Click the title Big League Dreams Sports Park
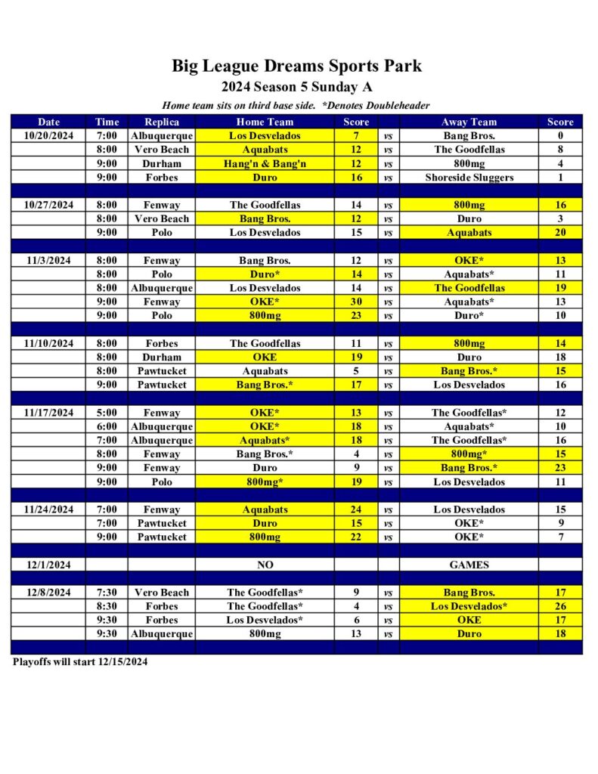(x=296, y=66)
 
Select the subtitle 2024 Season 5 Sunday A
(x=296, y=87)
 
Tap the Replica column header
(x=161, y=122)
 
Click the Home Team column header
(x=265, y=122)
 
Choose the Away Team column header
(x=469, y=122)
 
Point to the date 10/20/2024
(x=48, y=136)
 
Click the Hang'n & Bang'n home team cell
(x=265, y=163)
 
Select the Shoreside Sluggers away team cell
(x=469, y=178)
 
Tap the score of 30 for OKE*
(x=356, y=302)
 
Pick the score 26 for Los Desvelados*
(x=560, y=606)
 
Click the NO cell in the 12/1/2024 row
(x=265, y=565)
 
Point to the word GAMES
(x=469, y=565)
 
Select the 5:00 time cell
(x=107, y=413)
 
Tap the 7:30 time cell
(x=107, y=593)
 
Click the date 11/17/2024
(x=48, y=413)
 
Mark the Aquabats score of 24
(x=356, y=509)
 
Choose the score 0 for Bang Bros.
(x=560, y=136)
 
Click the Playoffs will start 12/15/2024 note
(x=80, y=662)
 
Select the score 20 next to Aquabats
(x=560, y=233)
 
